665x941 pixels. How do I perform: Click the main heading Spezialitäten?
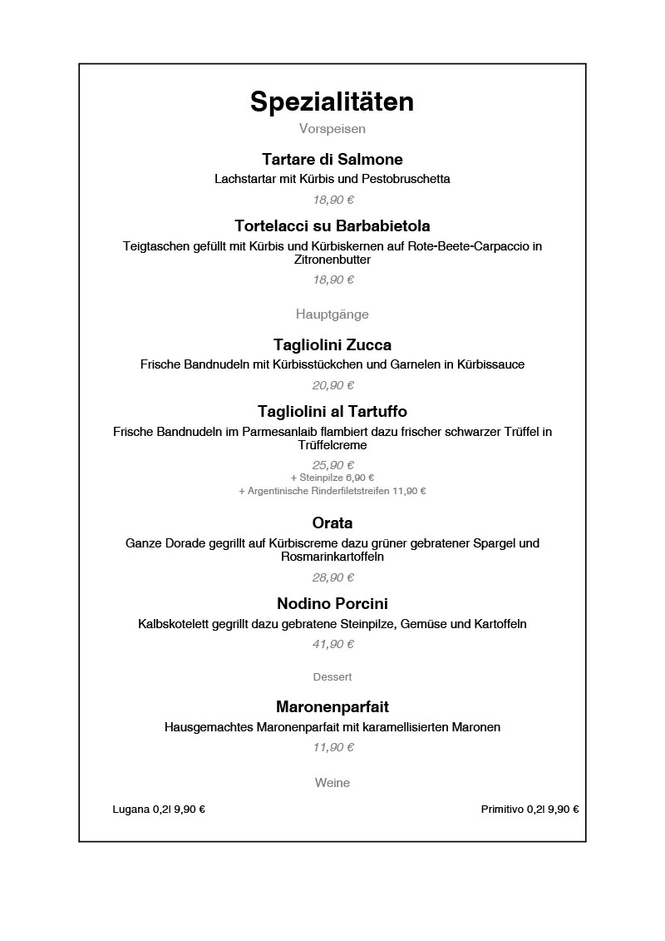[332, 102]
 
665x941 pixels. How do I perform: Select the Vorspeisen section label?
[332, 129]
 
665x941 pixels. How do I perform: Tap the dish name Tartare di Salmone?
[332, 159]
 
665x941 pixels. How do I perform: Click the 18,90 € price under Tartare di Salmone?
[332, 200]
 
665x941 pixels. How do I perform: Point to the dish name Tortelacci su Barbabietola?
[332, 225]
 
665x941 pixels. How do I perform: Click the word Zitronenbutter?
[332, 260]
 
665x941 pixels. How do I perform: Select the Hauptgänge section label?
[332, 314]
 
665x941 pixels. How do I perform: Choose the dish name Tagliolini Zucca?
[332, 344]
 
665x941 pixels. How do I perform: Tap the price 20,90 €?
[332, 385]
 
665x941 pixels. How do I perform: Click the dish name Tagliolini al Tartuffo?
[332, 411]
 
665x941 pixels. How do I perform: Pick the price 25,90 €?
[332, 465]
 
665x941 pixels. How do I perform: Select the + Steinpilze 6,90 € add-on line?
[332, 478]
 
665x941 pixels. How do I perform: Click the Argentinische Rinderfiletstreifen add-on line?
[332, 491]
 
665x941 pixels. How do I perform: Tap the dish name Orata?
[332, 523]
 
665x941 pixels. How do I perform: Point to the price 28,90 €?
[332, 577]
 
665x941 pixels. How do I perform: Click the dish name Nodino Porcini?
[332, 603]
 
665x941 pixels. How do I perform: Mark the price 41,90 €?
[332, 644]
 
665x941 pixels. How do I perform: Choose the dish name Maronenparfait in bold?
[332, 707]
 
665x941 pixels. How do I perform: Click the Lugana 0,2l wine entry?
[159, 809]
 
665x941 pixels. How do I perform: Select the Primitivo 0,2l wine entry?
[530, 809]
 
